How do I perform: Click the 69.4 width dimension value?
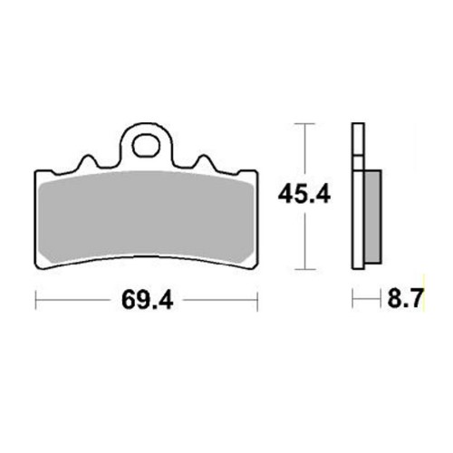coord(147,301)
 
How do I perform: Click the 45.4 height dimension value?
coord(304,195)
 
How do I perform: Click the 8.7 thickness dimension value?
coord(406,298)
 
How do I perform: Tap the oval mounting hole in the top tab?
coord(146,146)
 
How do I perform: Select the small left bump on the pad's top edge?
coord(88,160)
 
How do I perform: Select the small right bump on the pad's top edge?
coord(205,160)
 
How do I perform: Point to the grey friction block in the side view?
coord(373,217)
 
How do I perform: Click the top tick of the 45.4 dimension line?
coord(305,123)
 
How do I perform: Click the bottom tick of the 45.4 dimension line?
coord(305,269)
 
